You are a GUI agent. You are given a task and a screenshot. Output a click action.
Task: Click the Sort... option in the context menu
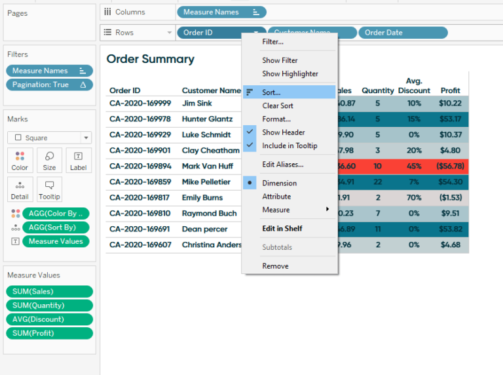pos(271,92)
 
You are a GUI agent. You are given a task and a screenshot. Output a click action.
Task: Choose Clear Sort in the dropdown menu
pos(278,106)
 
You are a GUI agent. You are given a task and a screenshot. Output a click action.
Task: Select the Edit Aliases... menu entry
pos(282,165)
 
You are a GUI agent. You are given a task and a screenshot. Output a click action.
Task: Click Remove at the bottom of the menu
pos(275,266)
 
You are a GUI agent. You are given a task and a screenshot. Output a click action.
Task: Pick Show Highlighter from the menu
pos(290,74)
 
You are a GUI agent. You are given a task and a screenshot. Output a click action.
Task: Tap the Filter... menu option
pos(272,42)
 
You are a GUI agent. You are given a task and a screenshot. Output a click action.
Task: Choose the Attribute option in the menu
pos(276,197)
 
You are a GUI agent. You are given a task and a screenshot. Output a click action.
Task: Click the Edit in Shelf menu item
pos(282,228)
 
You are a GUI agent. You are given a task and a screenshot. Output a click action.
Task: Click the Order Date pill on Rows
pos(402,33)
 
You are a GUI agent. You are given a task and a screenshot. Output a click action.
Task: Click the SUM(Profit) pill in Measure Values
pos(49,333)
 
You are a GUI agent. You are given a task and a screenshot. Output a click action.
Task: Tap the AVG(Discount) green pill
pos(49,319)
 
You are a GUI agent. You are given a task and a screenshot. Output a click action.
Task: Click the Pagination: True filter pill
pos(49,85)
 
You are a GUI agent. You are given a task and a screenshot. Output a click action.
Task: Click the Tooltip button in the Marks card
pos(49,189)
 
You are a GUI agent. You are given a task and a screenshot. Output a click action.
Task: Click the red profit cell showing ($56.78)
pos(450,167)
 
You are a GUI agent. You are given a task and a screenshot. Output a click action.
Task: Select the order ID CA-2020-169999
pos(140,103)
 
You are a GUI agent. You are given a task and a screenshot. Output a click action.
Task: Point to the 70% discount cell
pos(414,198)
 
